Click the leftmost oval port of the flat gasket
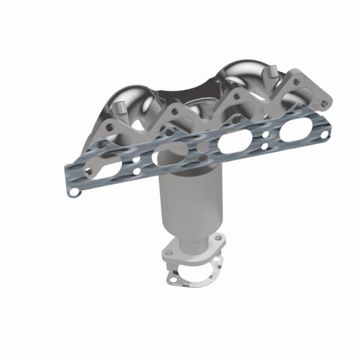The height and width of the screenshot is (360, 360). tap(101, 168)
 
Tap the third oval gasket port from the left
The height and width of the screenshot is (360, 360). tap(231, 144)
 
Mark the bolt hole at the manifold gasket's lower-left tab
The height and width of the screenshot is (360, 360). tap(73, 193)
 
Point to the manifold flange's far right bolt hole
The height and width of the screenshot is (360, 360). tap(324, 103)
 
